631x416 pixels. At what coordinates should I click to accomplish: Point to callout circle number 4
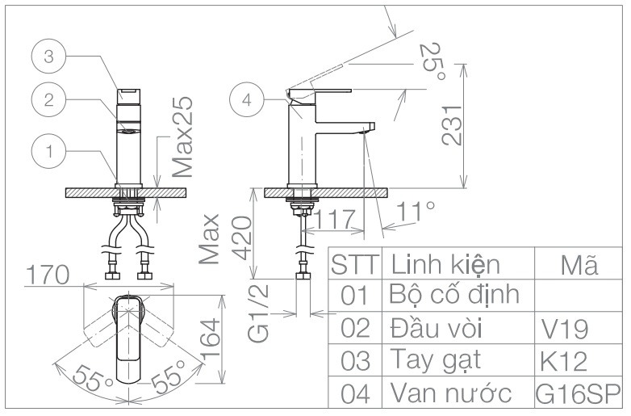(247, 100)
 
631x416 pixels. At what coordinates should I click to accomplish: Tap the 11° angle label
(416, 212)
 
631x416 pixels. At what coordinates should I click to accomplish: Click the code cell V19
(564, 330)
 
